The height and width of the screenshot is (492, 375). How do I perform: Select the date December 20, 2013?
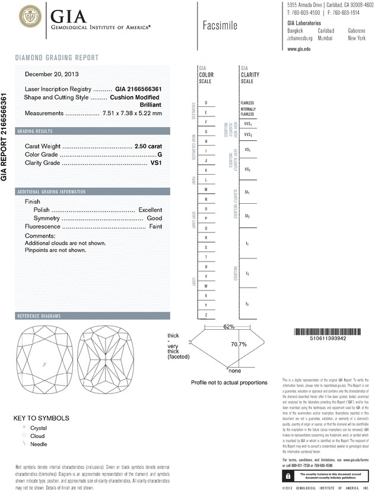coord(52,74)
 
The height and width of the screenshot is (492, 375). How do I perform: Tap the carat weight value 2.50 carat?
coord(148,146)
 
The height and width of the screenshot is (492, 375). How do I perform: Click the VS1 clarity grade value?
coord(155,162)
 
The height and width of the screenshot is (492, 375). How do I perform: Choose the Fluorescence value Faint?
coord(155,227)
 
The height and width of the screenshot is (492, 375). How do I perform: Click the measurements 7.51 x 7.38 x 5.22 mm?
coord(132,113)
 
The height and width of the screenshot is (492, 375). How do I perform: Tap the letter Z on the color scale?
coord(205,314)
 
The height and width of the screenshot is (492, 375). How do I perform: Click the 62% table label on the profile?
coord(212,327)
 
